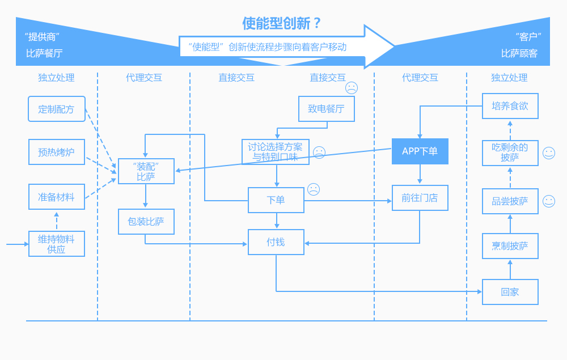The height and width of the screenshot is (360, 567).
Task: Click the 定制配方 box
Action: click(x=56, y=109)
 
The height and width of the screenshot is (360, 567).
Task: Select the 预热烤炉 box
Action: click(x=56, y=152)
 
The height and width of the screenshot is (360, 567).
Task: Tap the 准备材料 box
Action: click(x=56, y=197)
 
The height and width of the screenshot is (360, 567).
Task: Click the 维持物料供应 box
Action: click(x=56, y=244)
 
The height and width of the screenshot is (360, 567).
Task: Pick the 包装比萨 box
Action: click(x=146, y=222)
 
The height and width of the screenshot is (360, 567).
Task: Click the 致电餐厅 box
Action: click(x=326, y=109)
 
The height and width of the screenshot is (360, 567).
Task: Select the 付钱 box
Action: click(x=276, y=242)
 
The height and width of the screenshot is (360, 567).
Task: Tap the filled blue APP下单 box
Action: click(x=420, y=151)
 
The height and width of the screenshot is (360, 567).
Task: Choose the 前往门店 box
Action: click(x=420, y=198)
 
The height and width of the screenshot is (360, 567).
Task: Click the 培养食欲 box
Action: click(x=510, y=106)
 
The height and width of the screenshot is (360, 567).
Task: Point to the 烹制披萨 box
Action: click(x=510, y=246)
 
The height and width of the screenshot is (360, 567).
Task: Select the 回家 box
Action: click(x=510, y=292)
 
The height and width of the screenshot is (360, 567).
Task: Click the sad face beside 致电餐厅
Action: click(x=352, y=88)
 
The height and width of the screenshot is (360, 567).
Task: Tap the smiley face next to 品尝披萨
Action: click(x=548, y=201)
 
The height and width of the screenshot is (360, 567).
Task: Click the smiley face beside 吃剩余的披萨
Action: click(x=548, y=153)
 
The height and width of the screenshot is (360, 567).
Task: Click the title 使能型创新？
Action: click(x=282, y=23)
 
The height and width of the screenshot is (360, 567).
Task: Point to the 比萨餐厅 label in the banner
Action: click(x=44, y=53)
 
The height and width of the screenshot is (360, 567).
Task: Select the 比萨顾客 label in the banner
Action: click(x=519, y=53)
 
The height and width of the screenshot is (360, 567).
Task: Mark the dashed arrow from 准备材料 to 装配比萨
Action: click(x=100, y=189)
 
